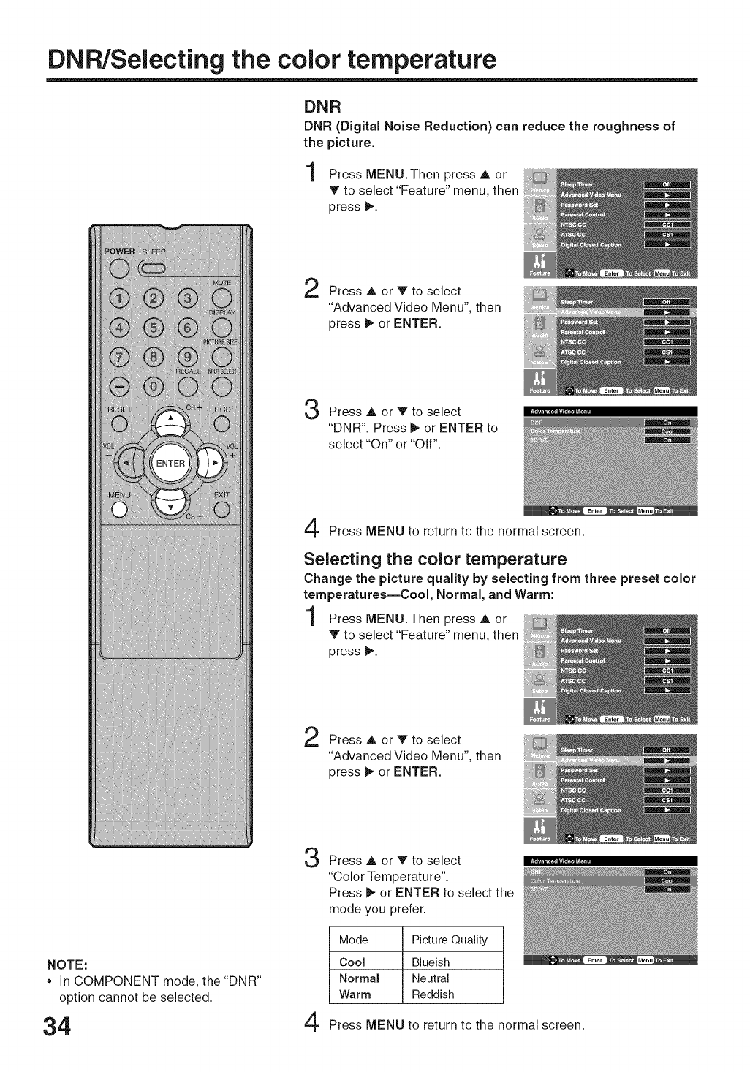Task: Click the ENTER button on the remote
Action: click(170, 463)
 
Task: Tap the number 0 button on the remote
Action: click(154, 385)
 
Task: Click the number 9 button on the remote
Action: click(188, 357)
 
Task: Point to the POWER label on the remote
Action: click(120, 252)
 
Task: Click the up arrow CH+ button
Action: click(171, 422)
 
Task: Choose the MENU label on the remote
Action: click(120, 495)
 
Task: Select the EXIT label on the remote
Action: click(221, 495)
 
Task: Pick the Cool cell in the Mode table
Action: click(352, 962)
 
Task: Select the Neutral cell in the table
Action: click(430, 978)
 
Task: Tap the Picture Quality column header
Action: click(448, 940)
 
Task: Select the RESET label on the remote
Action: click(120, 409)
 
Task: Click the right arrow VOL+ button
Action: click(212, 463)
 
